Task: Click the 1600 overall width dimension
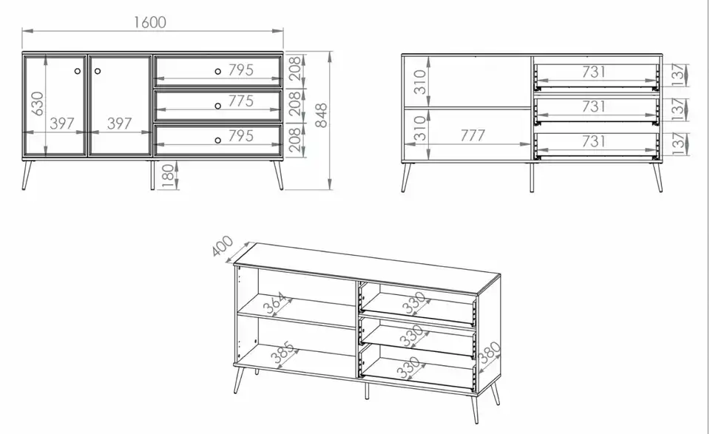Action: pyautogui.click(x=150, y=22)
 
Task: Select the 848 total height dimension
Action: pyautogui.click(x=320, y=115)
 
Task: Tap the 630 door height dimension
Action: pyautogui.click(x=38, y=104)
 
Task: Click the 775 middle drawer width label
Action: pyautogui.click(x=240, y=101)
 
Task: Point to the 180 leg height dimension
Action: pyautogui.click(x=168, y=176)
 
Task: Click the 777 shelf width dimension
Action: pyautogui.click(x=473, y=135)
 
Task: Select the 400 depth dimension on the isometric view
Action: pyautogui.click(x=223, y=245)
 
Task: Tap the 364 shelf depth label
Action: pyautogui.click(x=275, y=303)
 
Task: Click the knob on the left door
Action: pyautogui.click(x=78, y=71)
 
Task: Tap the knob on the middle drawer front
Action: pyautogui.click(x=217, y=106)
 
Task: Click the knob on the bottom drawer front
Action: pyautogui.click(x=217, y=140)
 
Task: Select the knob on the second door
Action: pyautogui.click(x=98, y=71)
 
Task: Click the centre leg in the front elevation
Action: pyautogui.click(x=152, y=174)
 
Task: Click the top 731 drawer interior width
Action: pyautogui.click(x=593, y=72)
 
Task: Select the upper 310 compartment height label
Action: pyautogui.click(x=421, y=81)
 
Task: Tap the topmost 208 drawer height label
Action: pyautogui.click(x=294, y=69)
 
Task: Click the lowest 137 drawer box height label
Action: pyautogui.click(x=677, y=143)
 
